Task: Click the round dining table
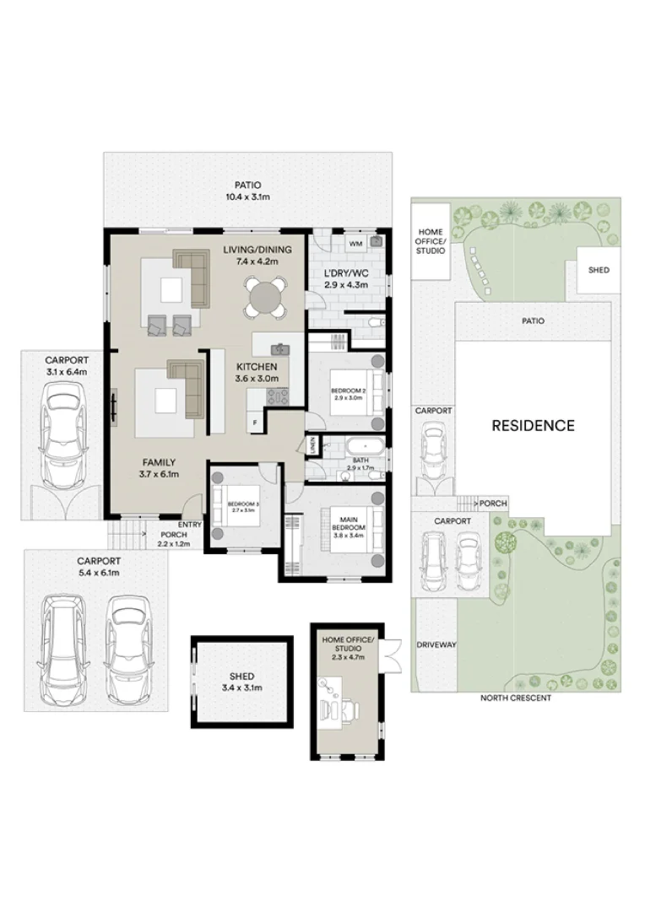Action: click(x=264, y=296)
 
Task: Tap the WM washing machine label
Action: click(x=355, y=243)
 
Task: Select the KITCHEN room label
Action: click(x=257, y=367)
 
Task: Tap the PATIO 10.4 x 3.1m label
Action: click(x=247, y=191)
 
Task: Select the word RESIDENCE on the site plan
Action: click(x=533, y=426)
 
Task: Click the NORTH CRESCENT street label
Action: click(x=515, y=698)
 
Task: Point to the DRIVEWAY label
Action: click(x=436, y=644)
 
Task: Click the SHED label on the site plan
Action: click(x=599, y=270)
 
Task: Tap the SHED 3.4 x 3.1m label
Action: click(x=241, y=682)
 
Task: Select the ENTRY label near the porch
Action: click(x=190, y=524)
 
